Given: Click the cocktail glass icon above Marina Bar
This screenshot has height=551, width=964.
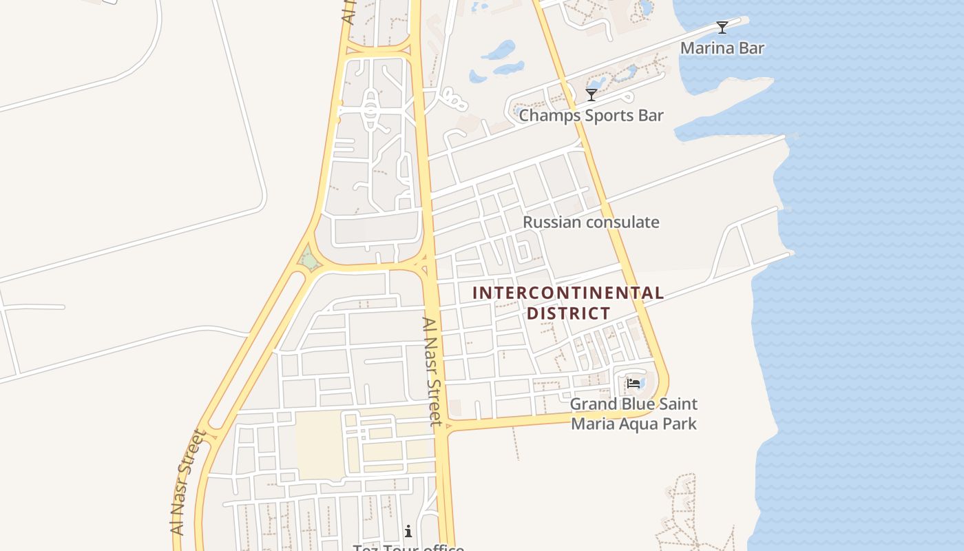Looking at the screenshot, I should click(x=722, y=28).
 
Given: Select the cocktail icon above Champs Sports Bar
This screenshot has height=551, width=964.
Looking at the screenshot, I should click(x=591, y=94).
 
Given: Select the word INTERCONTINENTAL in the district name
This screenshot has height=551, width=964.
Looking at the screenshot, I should click(x=568, y=293).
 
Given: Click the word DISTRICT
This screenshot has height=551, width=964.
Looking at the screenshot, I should click(x=568, y=313).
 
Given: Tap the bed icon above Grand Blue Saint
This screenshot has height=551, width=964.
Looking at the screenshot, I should click(x=632, y=383).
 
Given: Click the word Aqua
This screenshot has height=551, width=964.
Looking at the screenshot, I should click(x=642, y=424).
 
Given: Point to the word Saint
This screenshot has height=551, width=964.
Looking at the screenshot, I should click(x=678, y=404).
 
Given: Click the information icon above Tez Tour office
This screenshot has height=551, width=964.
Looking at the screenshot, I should click(x=408, y=531).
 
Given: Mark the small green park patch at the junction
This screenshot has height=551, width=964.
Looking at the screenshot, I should click(x=309, y=261).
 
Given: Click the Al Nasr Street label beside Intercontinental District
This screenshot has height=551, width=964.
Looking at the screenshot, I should click(x=432, y=371).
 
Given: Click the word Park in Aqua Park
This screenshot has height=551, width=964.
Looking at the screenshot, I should click(x=681, y=424).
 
